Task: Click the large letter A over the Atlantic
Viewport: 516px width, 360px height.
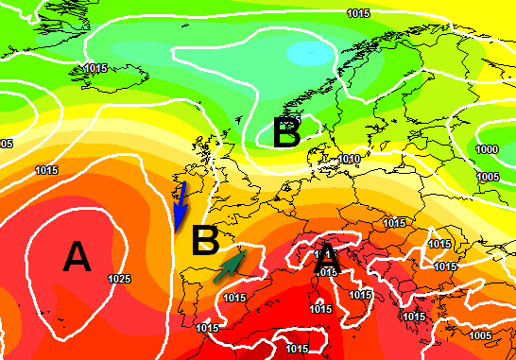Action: (x=75, y=256)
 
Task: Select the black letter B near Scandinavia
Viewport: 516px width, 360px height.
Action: (x=286, y=133)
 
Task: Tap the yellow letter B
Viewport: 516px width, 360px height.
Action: (x=205, y=241)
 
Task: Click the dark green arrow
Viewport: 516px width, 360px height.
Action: (x=231, y=264)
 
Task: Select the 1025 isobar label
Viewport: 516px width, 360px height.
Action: (x=119, y=279)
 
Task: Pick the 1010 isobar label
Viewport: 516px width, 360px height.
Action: (x=350, y=159)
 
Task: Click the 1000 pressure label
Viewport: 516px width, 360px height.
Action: (x=487, y=149)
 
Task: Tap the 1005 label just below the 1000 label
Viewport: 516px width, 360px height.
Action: (x=487, y=176)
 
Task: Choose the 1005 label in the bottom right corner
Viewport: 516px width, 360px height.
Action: (x=480, y=334)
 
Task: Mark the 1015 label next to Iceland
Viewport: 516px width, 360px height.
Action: (x=95, y=68)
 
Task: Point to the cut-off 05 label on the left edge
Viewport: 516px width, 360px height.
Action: (x=6, y=144)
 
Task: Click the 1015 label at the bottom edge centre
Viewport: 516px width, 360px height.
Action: (x=298, y=349)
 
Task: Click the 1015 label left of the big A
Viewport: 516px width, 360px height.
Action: (x=45, y=170)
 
